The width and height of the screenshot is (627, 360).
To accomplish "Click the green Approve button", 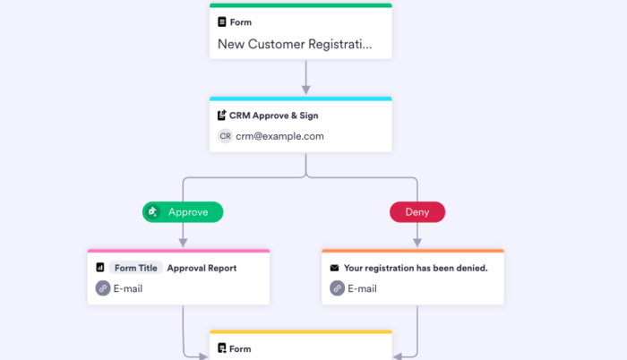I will pyautogui.click(x=183, y=212).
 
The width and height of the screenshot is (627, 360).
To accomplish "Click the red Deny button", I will pyautogui.click(x=417, y=212).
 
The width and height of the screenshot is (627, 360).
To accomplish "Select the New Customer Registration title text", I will pyautogui.click(x=294, y=44).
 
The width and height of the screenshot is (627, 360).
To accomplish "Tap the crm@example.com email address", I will pyautogui.click(x=279, y=136).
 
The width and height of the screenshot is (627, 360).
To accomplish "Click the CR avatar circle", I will pyautogui.click(x=225, y=136).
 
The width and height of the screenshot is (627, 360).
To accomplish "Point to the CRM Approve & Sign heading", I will pyautogui.click(x=273, y=116).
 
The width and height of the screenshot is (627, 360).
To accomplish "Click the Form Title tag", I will pyautogui.click(x=136, y=268).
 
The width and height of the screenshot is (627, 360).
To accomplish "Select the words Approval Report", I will pyautogui.click(x=202, y=268).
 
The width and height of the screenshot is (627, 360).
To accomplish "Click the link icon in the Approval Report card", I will pyautogui.click(x=103, y=288).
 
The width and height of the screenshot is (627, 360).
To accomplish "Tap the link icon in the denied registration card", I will pyautogui.click(x=337, y=288).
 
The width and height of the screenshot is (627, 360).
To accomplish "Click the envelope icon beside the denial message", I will pyautogui.click(x=335, y=268).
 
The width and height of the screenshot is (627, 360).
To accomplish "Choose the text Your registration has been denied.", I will pyautogui.click(x=416, y=268).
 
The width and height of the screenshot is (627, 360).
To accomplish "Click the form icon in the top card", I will pyautogui.click(x=222, y=22).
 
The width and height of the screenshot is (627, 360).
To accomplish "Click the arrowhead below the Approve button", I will pyautogui.click(x=183, y=242).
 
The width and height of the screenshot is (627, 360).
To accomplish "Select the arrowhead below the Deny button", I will pyautogui.click(x=417, y=242).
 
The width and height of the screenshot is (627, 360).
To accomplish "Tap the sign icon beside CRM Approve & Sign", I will pyautogui.click(x=222, y=116).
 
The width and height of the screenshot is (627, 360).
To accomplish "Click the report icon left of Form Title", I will pyautogui.click(x=100, y=268).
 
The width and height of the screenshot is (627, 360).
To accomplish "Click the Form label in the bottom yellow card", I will pyautogui.click(x=240, y=349).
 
